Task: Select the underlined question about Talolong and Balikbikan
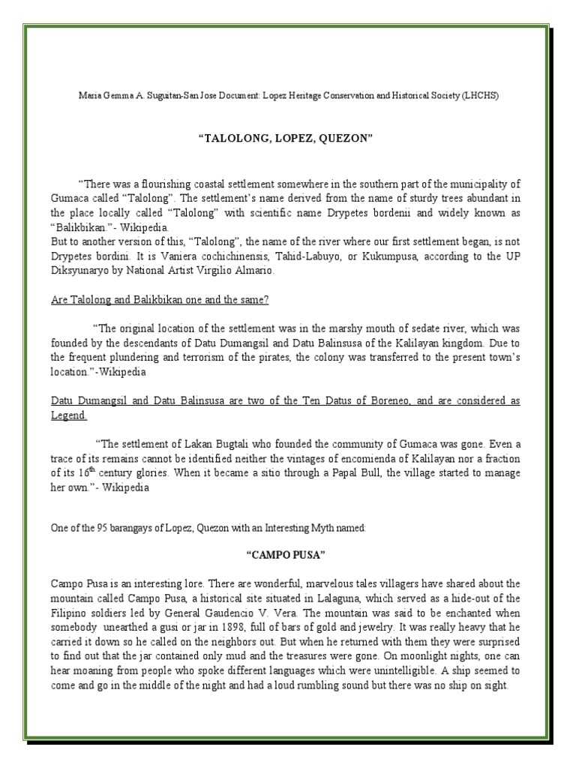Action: click(160, 300)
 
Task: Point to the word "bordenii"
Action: click(386, 212)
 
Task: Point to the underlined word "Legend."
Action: click(69, 415)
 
